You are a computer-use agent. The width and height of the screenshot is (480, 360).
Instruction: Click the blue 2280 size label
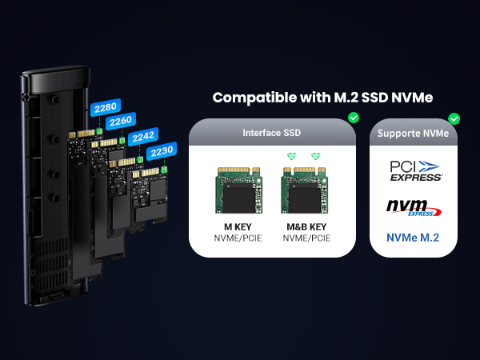(x=105, y=107)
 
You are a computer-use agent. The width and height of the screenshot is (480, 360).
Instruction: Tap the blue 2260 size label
(x=120, y=121)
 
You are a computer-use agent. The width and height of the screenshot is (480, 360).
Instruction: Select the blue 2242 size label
(x=142, y=136)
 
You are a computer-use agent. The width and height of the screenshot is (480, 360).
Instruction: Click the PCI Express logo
(x=415, y=170)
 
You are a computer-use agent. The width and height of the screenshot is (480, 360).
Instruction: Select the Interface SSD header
(x=272, y=132)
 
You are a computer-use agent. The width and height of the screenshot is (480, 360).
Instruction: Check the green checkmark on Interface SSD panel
(x=354, y=118)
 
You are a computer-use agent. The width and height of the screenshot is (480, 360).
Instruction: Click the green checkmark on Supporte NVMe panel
(x=454, y=118)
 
